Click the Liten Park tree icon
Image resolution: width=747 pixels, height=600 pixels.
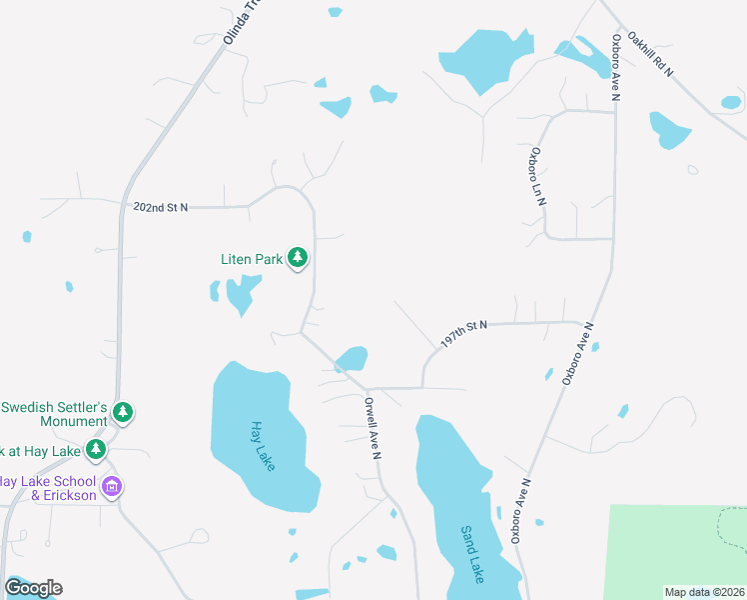[297, 259]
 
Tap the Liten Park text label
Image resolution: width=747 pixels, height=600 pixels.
[252, 259]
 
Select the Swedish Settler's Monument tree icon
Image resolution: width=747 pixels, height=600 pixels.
[122, 412]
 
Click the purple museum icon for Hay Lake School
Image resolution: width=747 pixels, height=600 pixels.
[112, 488]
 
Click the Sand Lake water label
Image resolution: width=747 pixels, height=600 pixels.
[472, 554]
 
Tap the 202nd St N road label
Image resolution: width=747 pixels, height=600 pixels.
[161, 207]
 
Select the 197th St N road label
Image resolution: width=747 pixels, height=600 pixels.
[462, 335]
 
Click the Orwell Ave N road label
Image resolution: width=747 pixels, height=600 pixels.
[373, 429]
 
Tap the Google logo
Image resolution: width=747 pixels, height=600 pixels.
[33, 588]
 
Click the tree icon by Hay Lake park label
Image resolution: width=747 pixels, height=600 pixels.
[96, 450]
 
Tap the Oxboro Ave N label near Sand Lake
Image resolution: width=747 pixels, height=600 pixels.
[521, 510]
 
